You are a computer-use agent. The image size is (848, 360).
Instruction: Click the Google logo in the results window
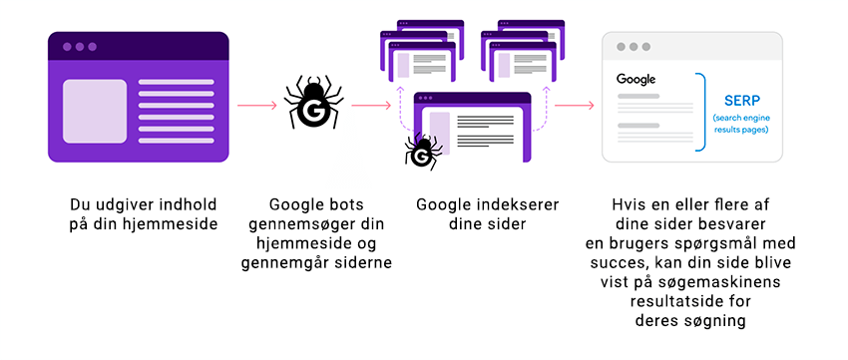pos(636,79)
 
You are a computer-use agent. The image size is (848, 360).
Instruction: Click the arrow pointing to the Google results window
pos(575,105)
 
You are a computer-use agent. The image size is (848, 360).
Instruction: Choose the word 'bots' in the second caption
pos(337,204)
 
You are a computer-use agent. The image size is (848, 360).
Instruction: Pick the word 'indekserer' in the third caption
pos(518,204)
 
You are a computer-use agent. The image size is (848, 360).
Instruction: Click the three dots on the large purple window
pos(80,47)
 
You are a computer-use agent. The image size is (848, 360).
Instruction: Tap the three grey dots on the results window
pos(633,47)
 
